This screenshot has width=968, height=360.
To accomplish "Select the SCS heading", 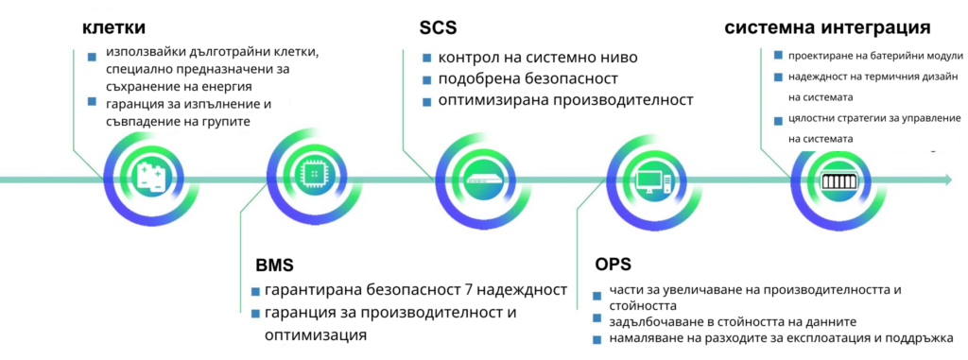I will coord(438,27).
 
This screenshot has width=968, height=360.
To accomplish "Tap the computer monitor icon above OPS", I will coord(653,179).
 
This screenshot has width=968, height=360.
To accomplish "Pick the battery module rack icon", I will coord(833,179).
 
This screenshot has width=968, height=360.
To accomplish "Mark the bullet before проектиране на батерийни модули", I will coord(778,56).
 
